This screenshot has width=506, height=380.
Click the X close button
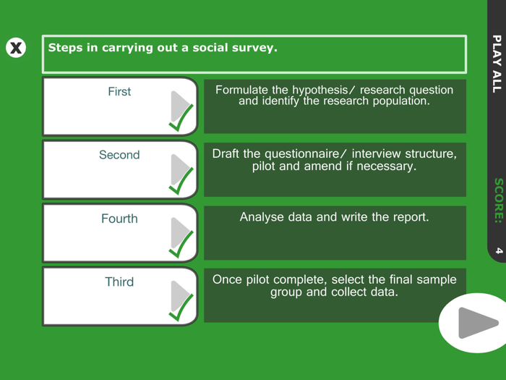(15, 48)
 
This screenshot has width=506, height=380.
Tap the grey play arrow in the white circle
(477, 323)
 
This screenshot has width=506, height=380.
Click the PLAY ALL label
(496, 63)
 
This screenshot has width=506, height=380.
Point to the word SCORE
(496, 200)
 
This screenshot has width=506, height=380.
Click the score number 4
(497, 250)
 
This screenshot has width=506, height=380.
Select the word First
(119, 91)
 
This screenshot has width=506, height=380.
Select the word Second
(119, 155)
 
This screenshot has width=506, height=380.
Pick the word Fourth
(119, 219)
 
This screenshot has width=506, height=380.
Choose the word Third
(119, 282)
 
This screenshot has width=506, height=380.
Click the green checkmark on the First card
(181, 117)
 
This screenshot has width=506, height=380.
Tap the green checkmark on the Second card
(181, 180)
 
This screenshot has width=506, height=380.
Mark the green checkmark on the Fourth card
(181, 244)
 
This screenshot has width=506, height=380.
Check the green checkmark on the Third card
(181, 307)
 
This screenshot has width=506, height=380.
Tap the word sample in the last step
(435, 280)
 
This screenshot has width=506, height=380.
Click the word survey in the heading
(252, 48)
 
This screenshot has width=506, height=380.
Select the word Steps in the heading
(64, 48)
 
